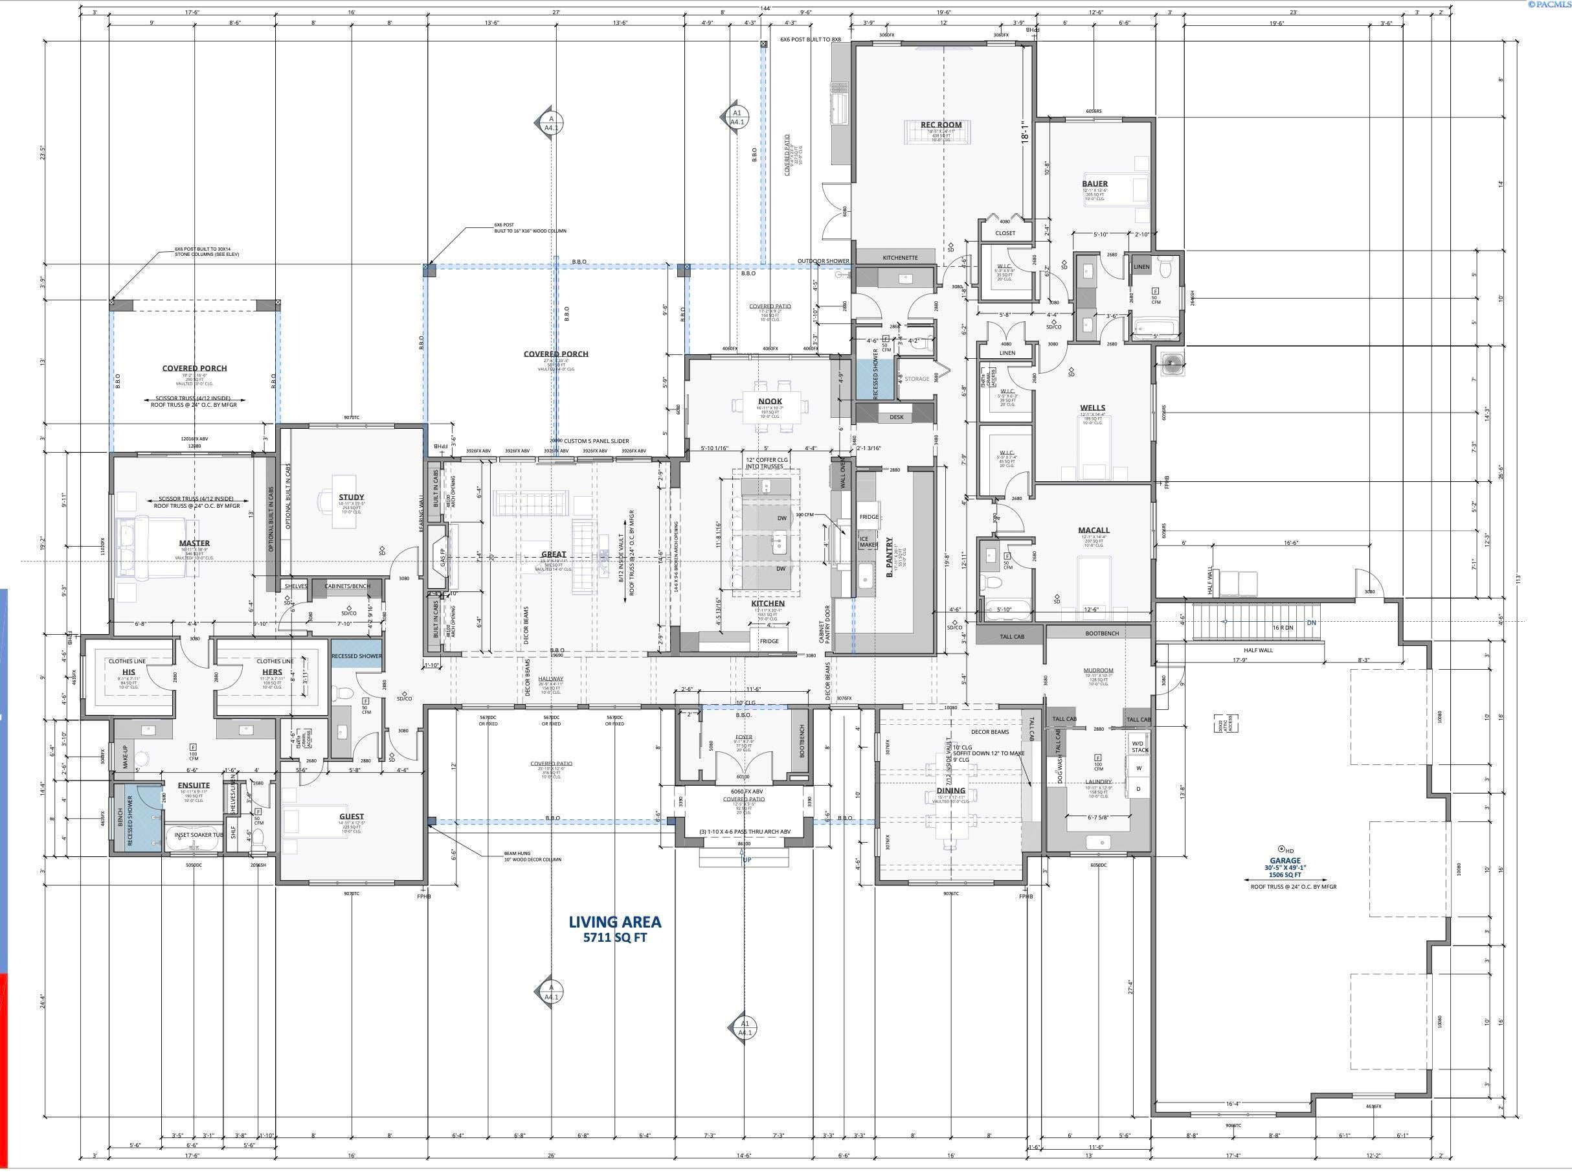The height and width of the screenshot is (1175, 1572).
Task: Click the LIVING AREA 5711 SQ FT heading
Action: tap(614, 928)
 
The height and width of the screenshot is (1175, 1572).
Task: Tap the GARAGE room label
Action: tap(1285, 860)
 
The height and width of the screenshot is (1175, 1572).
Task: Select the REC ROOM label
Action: tap(941, 124)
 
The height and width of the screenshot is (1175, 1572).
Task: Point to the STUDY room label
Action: tap(351, 497)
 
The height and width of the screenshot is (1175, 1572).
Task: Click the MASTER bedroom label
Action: tap(194, 543)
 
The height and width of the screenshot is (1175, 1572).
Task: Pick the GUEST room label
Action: tap(351, 817)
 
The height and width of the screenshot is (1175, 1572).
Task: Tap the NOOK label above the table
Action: tap(770, 401)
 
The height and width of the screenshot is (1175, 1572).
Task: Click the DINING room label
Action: tap(950, 790)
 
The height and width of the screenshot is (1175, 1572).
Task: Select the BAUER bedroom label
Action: tap(1094, 183)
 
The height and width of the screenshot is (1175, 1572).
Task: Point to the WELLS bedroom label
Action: tap(1092, 408)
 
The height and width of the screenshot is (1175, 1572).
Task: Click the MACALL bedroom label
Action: tap(1093, 530)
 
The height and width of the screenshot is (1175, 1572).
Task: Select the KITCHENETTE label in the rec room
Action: tap(900, 257)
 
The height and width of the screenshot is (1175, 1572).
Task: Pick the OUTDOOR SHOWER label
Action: tap(822, 261)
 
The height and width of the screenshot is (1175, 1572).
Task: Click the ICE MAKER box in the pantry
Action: tap(868, 541)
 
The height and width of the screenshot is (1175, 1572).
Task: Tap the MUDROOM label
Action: tap(1098, 670)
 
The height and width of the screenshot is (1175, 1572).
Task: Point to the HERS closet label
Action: tap(272, 672)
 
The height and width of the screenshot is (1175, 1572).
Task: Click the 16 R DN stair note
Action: tap(1283, 628)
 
